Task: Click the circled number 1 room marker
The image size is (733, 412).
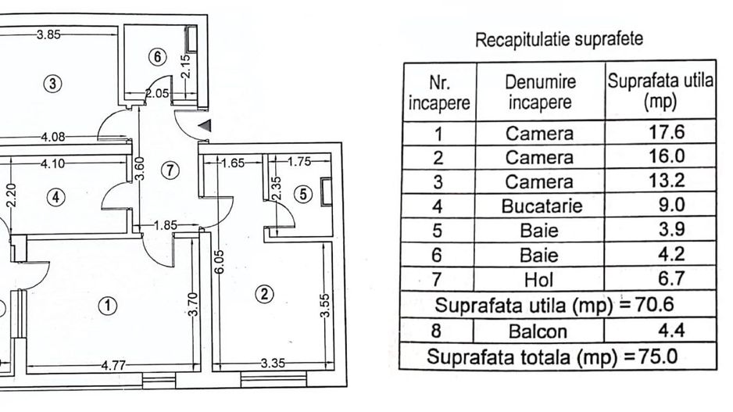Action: (107, 306)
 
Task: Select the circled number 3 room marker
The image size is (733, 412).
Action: (52, 84)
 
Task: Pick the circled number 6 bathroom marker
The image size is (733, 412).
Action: (158, 57)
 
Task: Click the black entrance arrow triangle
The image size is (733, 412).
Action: (205, 124)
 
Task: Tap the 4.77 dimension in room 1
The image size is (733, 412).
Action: (113, 364)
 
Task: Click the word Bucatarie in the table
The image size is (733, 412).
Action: (539, 206)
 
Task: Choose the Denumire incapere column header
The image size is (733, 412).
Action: (540, 92)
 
